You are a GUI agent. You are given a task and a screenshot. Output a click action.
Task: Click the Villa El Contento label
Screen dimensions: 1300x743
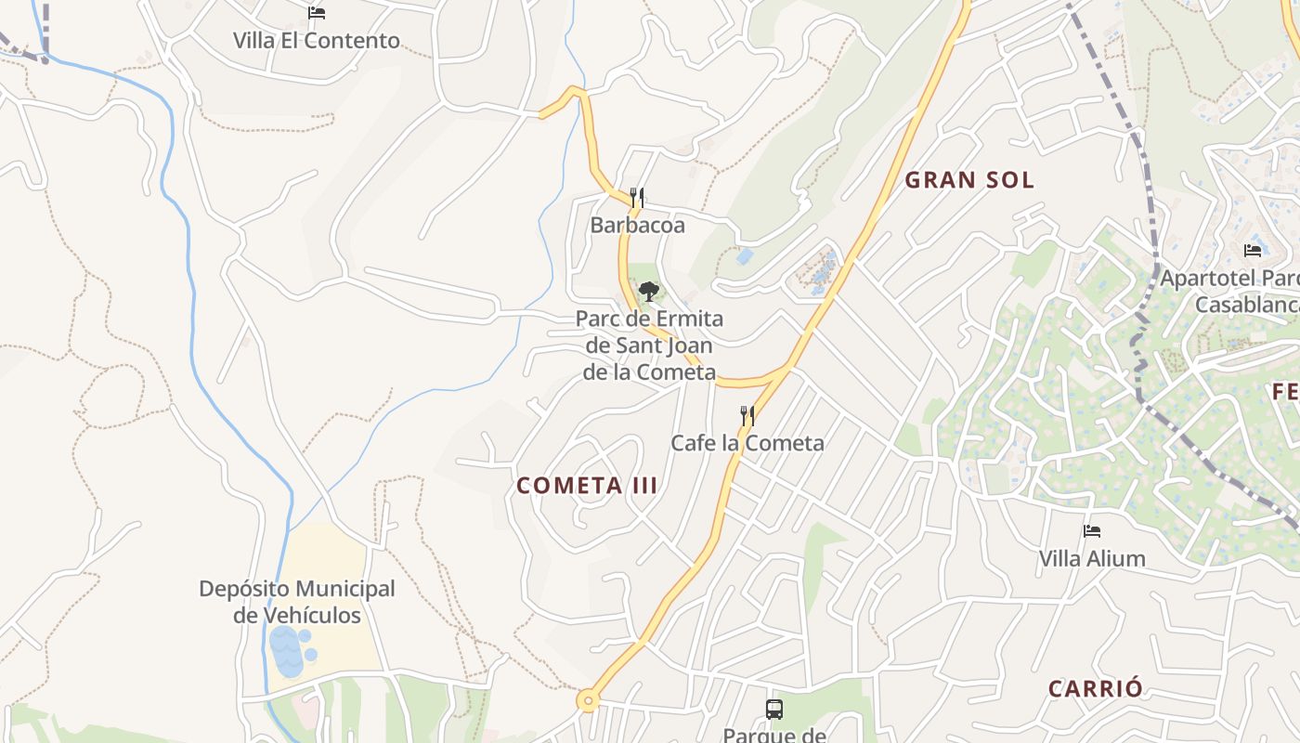(316, 41)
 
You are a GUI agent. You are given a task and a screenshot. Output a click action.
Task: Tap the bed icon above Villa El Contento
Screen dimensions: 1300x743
(317, 13)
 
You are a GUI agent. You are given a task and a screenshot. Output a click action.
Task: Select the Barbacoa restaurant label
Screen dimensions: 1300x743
(637, 225)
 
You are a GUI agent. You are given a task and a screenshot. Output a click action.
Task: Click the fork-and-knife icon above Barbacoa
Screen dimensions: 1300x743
(637, 197)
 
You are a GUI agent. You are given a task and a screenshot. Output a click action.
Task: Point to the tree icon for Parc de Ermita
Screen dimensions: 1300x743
(648, 291)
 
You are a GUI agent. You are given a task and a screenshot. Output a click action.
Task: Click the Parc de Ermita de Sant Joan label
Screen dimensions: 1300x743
(649, 345)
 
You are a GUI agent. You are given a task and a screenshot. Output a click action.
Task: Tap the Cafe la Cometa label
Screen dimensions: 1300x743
(747, 443)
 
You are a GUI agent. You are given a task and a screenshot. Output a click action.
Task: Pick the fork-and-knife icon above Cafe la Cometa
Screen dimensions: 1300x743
(747, 415)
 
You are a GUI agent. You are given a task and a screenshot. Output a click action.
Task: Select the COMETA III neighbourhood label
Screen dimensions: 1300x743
(587, 486)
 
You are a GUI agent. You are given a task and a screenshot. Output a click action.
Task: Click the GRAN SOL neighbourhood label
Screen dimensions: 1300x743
(969, 180)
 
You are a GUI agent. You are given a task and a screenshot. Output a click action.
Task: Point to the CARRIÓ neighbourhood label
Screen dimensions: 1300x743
(1095, 689)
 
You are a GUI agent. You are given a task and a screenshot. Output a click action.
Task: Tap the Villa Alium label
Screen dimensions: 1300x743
(1091, 559)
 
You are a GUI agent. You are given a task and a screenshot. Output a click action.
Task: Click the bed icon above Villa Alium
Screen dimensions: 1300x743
(1092, 531)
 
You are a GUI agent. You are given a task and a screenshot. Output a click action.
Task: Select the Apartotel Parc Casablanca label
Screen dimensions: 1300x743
(1230, 291)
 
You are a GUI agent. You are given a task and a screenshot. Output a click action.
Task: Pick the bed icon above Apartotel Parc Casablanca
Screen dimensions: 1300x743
(1253, 250)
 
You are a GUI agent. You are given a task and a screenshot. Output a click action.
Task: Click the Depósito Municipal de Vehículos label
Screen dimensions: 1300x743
(297, 601)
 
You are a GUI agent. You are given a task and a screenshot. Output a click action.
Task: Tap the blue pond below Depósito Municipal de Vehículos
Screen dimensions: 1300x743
(289, 650)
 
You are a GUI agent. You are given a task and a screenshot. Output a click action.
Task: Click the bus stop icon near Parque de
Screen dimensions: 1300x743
(773, 710)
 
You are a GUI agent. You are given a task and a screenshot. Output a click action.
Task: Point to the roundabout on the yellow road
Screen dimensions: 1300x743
(587, 701)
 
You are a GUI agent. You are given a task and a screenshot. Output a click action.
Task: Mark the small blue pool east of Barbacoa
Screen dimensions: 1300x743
(744, 255)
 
